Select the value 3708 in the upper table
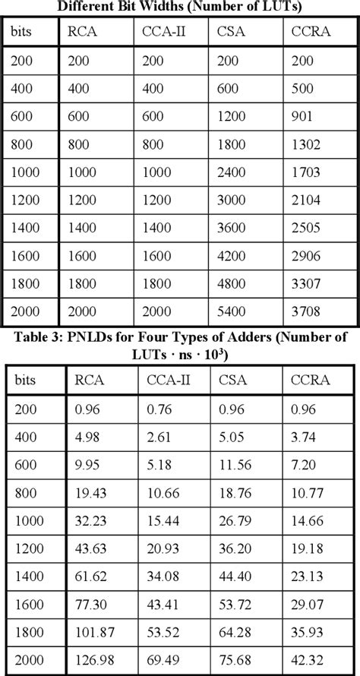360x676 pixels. (306, 311)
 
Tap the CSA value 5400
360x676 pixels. (234, 311)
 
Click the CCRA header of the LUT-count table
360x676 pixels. (310, 33)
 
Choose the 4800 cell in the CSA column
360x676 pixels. (234, 283)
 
